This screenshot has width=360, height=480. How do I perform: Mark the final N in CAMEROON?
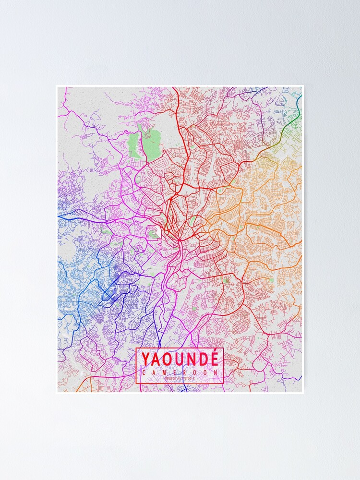click(216, 372)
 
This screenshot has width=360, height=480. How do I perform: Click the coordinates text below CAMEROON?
click(180, 379)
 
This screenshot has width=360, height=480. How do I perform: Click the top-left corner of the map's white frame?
click(57, 86)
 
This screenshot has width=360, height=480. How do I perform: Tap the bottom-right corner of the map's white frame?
click(303, 393)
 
